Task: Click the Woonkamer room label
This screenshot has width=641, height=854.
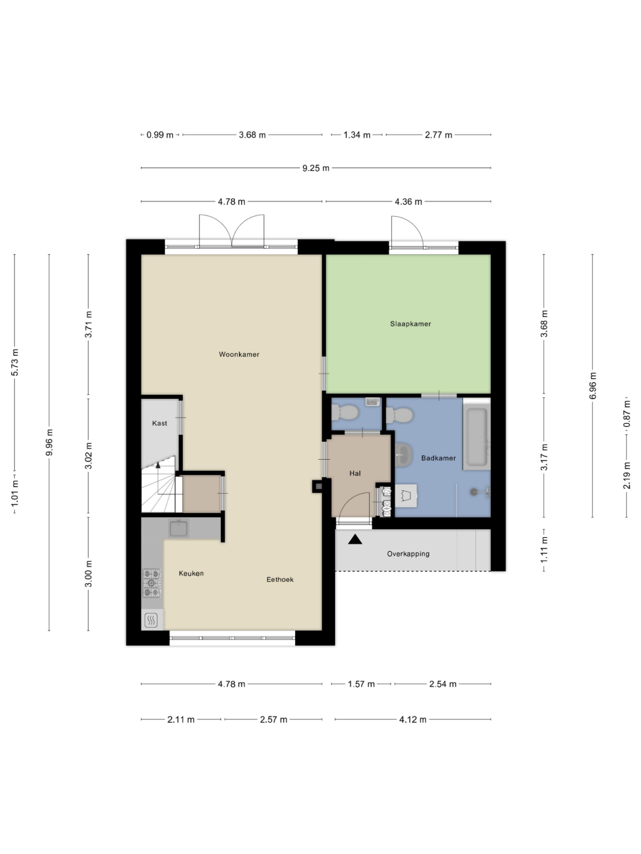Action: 239,354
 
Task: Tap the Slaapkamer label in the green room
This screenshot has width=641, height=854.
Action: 411,324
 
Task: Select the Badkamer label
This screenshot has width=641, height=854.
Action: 439,458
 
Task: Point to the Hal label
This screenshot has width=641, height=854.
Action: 355,473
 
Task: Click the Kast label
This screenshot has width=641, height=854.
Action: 160,423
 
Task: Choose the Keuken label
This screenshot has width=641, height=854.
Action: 191,573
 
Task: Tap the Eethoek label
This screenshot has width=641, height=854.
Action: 280,579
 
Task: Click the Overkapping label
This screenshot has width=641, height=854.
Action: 408,554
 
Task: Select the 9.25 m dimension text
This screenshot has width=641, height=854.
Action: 316,168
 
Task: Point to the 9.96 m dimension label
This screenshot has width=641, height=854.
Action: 49,442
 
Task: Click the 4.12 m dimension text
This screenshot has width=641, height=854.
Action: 413,719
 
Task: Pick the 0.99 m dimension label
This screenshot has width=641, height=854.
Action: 160,135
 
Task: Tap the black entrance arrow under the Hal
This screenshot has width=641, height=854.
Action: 355,539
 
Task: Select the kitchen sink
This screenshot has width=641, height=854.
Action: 179,528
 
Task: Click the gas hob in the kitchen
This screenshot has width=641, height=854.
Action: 152,583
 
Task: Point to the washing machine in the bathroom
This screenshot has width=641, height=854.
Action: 407,496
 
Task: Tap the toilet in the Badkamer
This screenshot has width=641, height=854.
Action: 400,415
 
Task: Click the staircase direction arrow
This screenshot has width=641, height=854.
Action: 158,465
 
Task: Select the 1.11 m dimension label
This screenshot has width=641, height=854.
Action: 544,549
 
